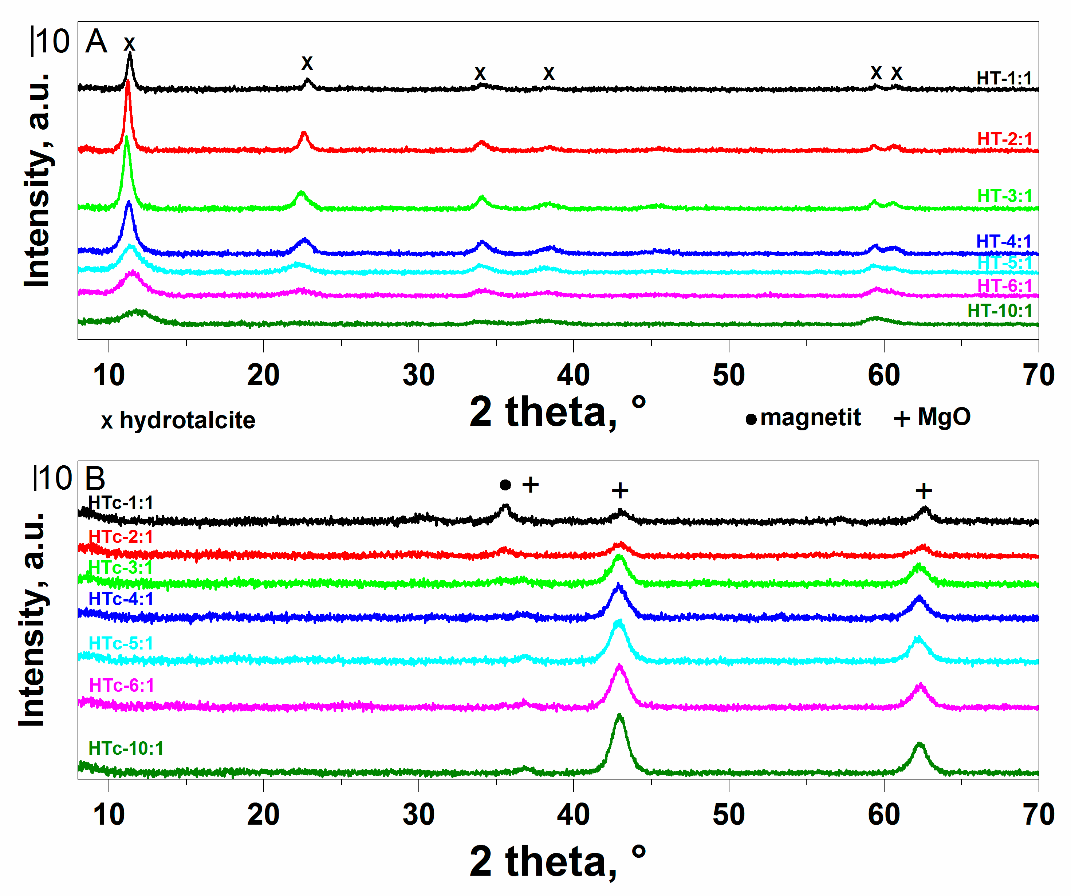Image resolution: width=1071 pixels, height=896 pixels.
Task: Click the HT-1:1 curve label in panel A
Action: (x=1004, y=79)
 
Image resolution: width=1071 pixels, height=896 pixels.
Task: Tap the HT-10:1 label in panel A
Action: (x=1000, y=311)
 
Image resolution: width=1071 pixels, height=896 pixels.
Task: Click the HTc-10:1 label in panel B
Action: (x=126, y=748)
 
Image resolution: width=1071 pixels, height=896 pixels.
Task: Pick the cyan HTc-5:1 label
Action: (x=121, y=644)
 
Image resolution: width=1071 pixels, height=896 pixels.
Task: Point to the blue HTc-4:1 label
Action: (x=121, y=599)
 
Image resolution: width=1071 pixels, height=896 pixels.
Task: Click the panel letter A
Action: (x=97, y=42)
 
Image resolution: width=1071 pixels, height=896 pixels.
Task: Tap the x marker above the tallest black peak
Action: (x=130, y=44)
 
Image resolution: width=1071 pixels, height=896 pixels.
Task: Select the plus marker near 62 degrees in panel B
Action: (x=924, y=491)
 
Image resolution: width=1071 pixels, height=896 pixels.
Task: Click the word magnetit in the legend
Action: (x=810, y=418)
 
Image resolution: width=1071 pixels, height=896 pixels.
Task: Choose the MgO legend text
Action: (x=944, y=417)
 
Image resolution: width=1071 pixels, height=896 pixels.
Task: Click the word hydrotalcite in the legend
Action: (x=187, y=420)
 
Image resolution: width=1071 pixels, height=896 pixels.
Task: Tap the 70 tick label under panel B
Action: (x=1038, y=814)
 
